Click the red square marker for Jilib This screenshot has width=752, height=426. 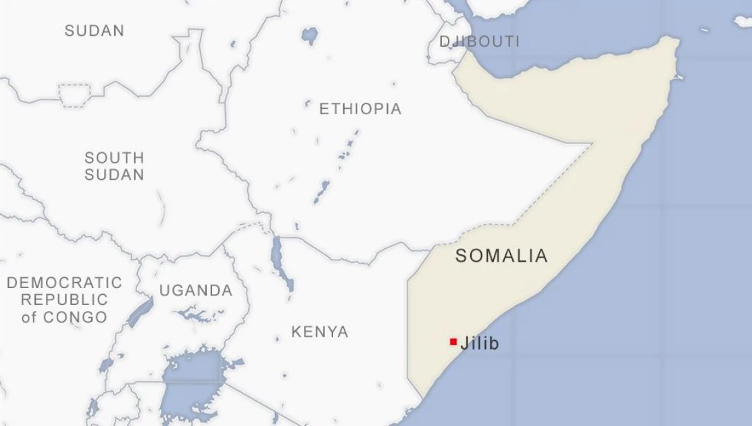[x=453, y=341]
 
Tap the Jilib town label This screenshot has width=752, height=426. [x=480, y=344]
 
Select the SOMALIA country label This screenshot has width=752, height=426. [x=501, y=256]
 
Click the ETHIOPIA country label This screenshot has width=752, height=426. [x=360, y=109]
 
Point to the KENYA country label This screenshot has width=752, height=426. [x=320, y=332]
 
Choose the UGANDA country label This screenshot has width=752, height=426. [x=196, y=291]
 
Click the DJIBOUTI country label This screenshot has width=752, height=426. [x=480, y=41]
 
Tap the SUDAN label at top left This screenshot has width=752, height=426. [x=95, y=30]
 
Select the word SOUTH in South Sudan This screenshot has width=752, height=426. [x=114, y=158]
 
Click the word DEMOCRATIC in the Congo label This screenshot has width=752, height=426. [x=65, y=283]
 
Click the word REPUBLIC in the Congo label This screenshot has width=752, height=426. [x=64, y=300]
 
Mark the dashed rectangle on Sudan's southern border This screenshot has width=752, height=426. [x=75, y=95]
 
